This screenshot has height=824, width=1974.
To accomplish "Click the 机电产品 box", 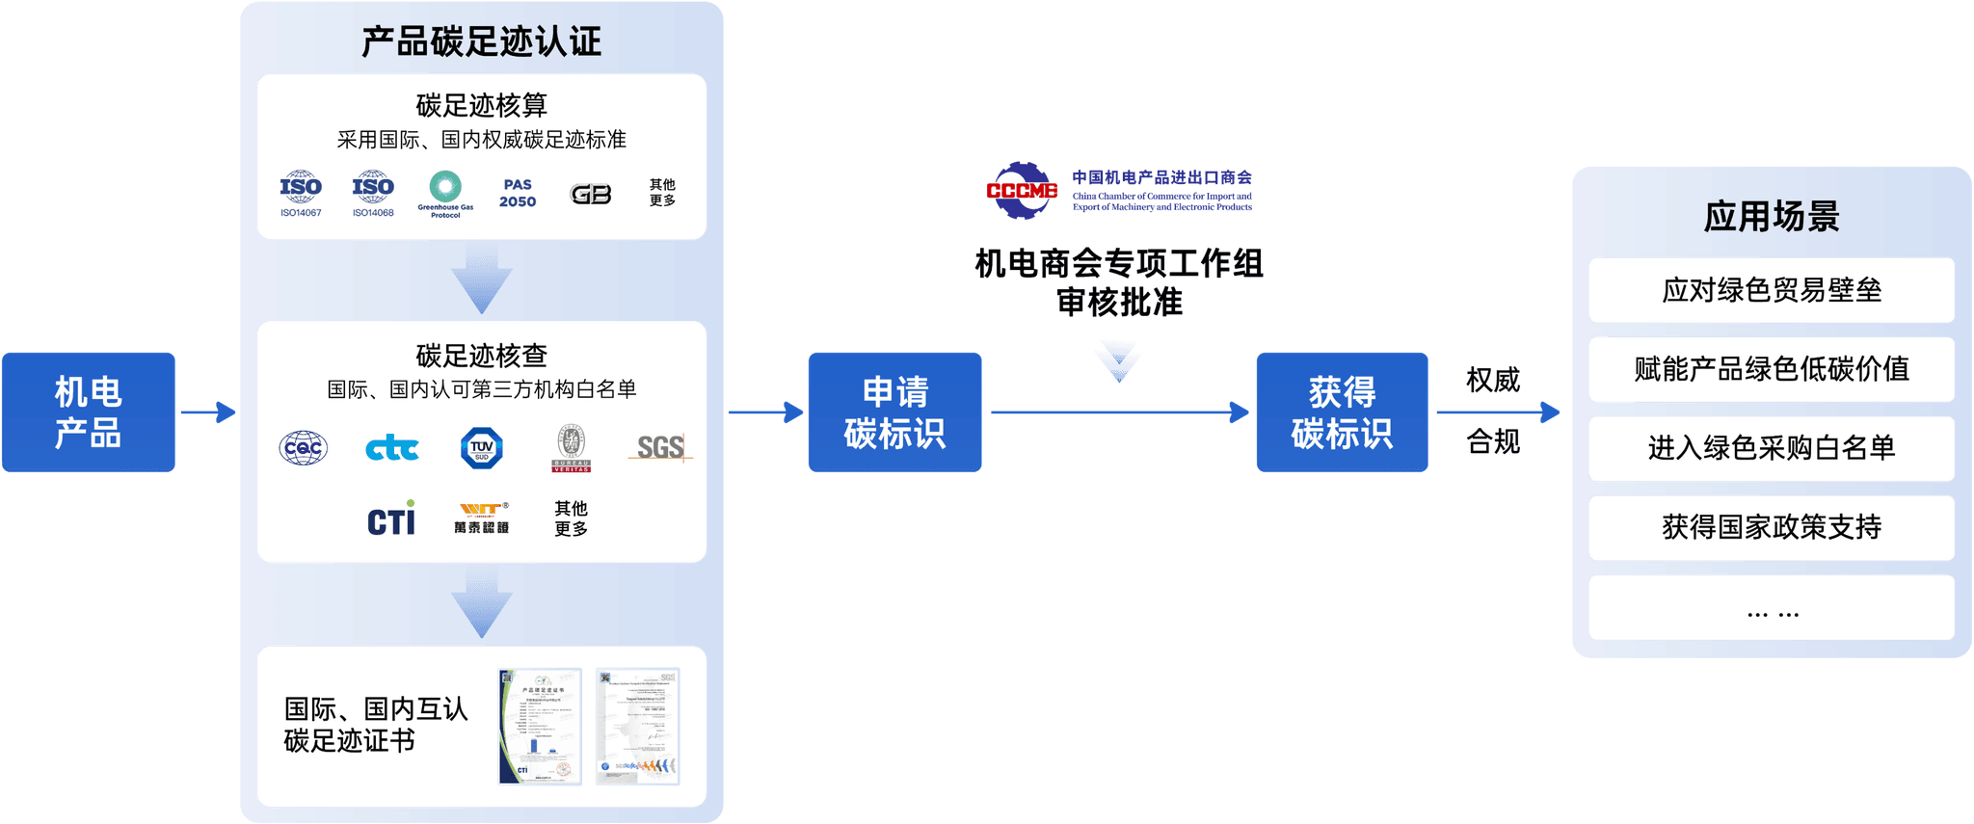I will point(88,412).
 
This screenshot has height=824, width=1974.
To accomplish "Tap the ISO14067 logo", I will point(301,193).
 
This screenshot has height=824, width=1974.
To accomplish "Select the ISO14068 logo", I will point(373,193).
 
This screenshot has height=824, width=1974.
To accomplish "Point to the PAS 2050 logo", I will point(518,193).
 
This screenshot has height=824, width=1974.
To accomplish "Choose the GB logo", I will point(591,195).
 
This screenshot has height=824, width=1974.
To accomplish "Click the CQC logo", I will point(304,448).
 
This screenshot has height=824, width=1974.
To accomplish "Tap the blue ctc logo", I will point(392,448).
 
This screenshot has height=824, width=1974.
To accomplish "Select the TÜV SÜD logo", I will point(482,448).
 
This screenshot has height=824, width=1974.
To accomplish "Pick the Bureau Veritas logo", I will point(571,448).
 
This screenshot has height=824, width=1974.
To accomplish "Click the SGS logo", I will point(660,447).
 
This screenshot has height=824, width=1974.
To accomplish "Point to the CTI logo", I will point(391,519).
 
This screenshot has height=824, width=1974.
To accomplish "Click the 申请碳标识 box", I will point(894,412).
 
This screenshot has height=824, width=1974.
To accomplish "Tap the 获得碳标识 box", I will point(1342,412).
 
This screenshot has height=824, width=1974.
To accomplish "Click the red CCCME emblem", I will point(1022,190).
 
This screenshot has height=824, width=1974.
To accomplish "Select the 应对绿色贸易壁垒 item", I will point(1771,290).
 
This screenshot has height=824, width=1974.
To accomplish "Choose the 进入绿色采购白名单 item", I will point(1771,448).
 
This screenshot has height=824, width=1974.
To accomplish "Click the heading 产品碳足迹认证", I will point(481,41).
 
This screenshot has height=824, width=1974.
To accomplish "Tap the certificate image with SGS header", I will point(637,727).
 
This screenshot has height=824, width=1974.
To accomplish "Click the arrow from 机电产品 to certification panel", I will point(208,412).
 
